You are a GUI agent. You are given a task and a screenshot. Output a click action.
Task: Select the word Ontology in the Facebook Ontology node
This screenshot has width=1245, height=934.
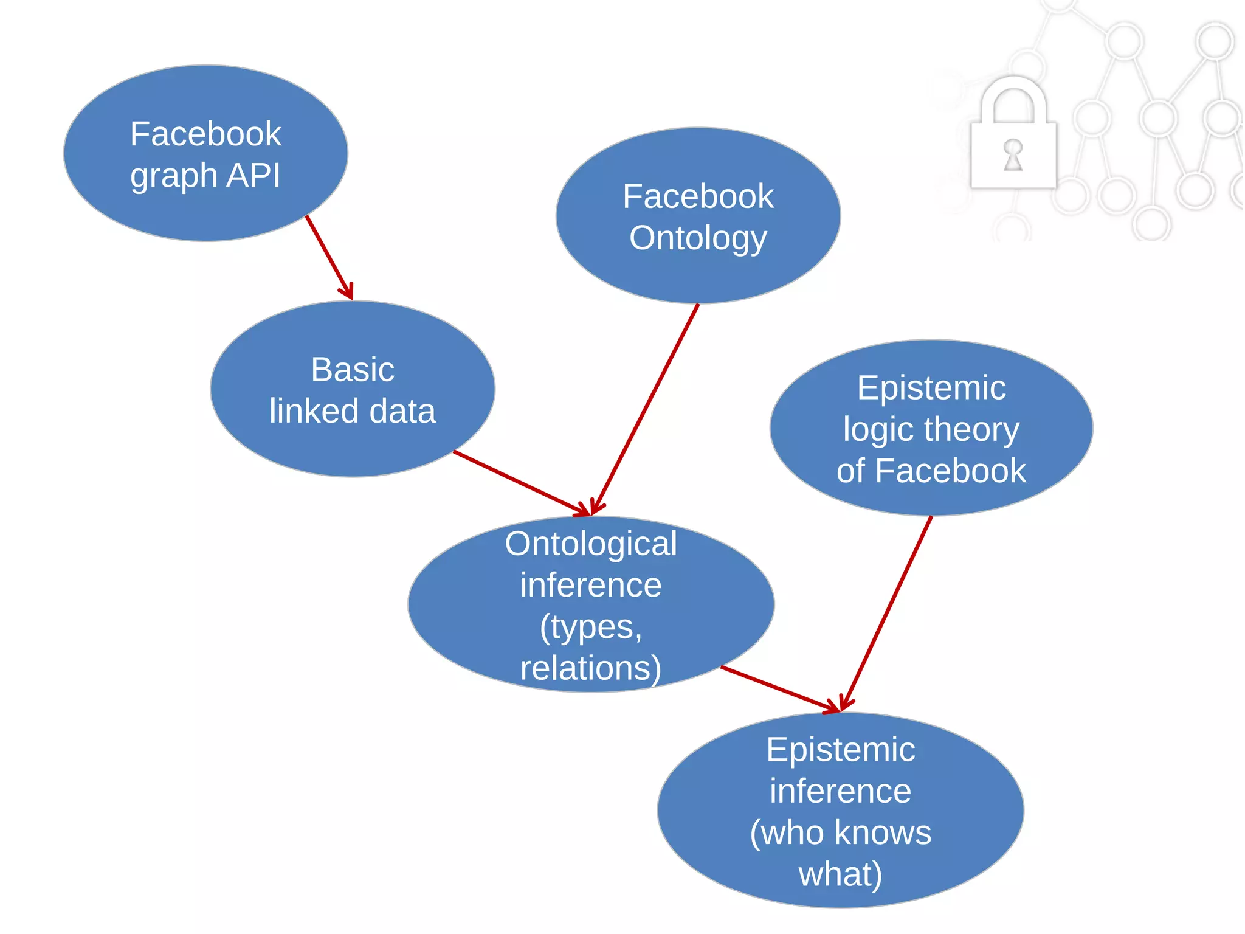[x=698, y=238]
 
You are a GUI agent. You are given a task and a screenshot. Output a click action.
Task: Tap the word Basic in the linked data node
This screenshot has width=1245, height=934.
[x=353, y=370]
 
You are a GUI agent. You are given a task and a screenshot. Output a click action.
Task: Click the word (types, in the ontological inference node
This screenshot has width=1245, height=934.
[x=591, y=627]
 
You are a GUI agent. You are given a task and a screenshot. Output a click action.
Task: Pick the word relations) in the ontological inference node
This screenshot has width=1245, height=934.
[x=591, y=668]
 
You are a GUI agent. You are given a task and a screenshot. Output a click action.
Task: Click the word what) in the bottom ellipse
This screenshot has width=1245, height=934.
[x=840, y=874]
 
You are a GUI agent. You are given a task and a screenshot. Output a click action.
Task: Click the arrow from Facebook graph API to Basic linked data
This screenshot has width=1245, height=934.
[x=329, y=257]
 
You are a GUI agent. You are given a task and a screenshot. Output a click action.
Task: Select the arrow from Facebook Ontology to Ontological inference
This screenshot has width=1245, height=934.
[x=646, y=407]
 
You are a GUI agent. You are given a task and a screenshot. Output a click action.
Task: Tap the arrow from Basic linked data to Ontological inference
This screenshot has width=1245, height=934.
[x=520, y=483]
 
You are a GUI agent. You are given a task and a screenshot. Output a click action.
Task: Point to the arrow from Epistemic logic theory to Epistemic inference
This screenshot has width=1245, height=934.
[x=887, y=611]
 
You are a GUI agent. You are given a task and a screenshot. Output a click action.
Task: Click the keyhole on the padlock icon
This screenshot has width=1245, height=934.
[x=1013, y=154]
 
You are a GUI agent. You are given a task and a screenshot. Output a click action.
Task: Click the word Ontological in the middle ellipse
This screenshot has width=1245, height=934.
[x=591, y=544]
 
